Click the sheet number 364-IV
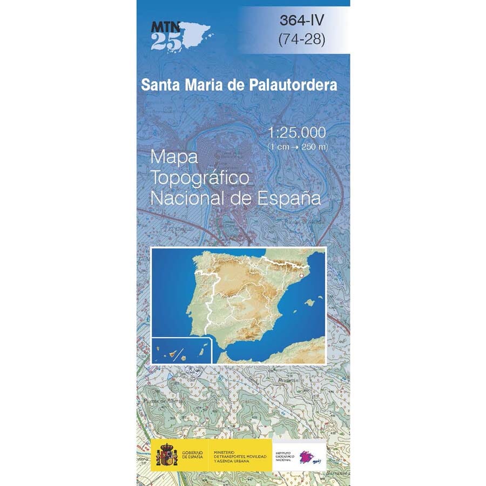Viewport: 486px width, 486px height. click(x=302, y=21)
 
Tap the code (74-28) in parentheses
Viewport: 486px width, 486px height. click(x=302, y=39)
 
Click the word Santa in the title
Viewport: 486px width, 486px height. click(x=158, y=85)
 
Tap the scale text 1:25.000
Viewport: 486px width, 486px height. click(x=296, y=133)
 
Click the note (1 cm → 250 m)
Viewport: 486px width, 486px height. click(x=298, y=146)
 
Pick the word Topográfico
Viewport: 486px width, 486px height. click(x=200, y=177)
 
